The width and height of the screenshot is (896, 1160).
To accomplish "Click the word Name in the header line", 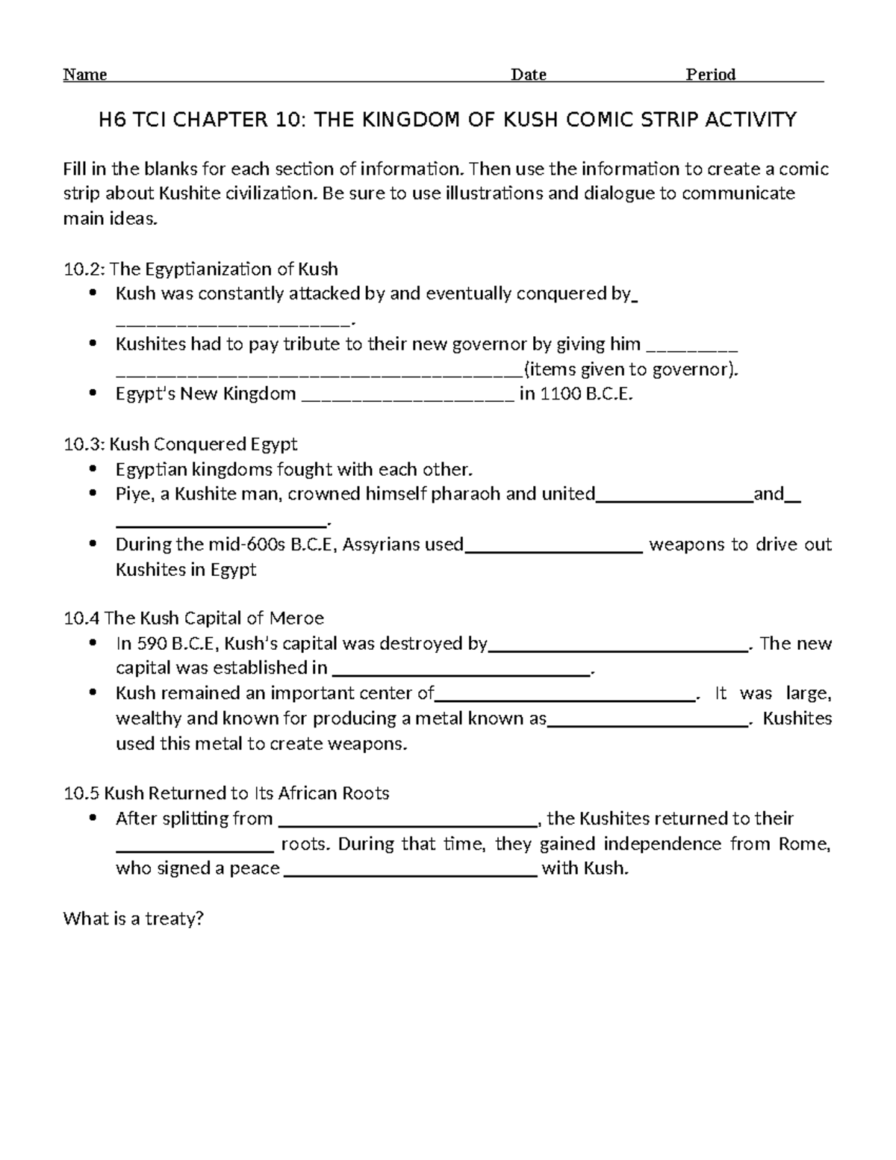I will click(85, 75).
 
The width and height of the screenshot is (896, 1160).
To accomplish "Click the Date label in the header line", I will click(528, 75).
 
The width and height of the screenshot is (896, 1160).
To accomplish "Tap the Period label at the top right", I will click(711, 75).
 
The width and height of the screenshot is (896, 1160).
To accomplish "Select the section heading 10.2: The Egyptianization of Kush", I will click(201, 269).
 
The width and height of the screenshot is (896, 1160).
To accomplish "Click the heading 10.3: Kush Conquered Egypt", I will click(181, 444).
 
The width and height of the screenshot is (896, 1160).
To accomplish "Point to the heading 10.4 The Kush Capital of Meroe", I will click(194, 618).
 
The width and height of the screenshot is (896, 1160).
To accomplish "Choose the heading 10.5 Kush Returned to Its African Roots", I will click(227, 793).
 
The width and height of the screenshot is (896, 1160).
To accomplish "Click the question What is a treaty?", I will click(134, 919).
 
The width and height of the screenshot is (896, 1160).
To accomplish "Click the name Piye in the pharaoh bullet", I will click(132, 494).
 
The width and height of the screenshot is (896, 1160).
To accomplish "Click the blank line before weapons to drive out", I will click(553, 549).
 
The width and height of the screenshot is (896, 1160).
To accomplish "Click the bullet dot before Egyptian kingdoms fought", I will click(93, 469).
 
